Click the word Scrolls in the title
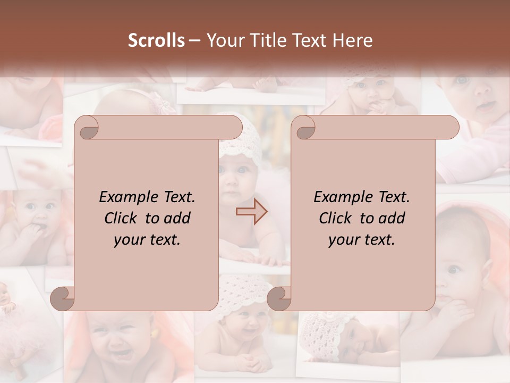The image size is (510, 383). pyautogui.click(x=156, y=40)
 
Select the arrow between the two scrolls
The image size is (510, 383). pyautogui.click(x=251, y=212)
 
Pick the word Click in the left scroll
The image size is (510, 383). pyautogui.click(x=120, y=218)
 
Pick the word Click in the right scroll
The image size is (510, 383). pyautogui.click(x=335, y=218)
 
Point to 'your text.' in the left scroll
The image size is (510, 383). pyautogui.click(x=147, y=239)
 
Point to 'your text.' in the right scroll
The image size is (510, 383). pyautogui.click(x=362, y=239)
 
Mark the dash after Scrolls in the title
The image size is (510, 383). pyautogui.click(x=194, y=40)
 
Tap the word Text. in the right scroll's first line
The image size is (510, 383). pyautogui.click(x=389, y=197)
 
